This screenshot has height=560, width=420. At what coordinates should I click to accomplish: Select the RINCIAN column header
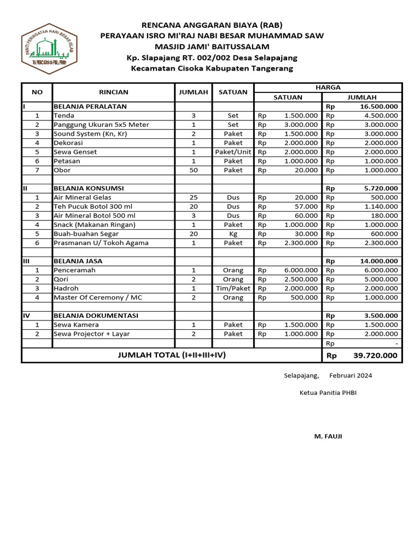point(113,92)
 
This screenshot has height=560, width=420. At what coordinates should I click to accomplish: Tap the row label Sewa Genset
point(75,152)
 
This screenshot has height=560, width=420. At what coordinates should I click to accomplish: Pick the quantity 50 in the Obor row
point(194,170)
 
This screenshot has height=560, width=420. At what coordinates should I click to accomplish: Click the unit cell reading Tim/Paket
point(233,288)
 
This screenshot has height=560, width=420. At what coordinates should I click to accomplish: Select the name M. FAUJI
point(328,436)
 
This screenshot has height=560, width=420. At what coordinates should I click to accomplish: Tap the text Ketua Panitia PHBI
point(328,393)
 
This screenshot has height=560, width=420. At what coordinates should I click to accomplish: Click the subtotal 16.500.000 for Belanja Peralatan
point(378,107)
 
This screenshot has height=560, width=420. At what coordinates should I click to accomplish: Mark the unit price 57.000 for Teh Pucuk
point(307,207)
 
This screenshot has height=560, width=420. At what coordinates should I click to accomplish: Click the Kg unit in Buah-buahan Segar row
point(233,234)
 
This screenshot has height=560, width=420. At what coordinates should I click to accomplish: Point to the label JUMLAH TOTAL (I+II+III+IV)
point(172,355)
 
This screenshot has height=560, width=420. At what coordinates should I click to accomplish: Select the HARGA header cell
point(328,87)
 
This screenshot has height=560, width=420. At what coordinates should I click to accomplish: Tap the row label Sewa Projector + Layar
point(91,334)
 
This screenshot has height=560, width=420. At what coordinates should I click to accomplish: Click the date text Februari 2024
point(351,376)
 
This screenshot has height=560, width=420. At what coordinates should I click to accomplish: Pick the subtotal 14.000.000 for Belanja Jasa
point(378,261)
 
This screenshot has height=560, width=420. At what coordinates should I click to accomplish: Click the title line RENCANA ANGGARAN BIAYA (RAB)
point(212,25)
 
